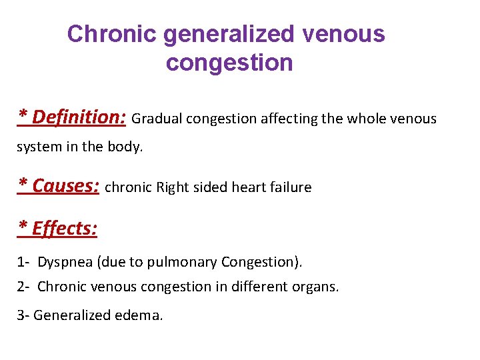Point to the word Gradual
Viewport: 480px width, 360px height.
(x=157, y=119)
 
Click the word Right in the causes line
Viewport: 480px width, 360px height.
(x=173, y=187)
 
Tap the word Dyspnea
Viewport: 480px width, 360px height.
(x=65, y=263)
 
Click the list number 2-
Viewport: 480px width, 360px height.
(x=23, y=287)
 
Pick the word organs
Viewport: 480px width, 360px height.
(x=317, y=287)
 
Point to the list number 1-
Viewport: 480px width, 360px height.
(x=23, y=263)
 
